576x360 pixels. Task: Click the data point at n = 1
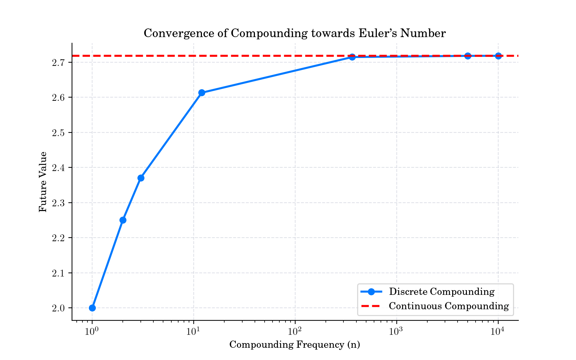(x=92, y=308)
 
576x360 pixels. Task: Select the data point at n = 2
(x=123, y=220)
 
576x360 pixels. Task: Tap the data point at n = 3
(x=141, y=178)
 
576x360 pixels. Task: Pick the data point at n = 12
(x=202, y=93)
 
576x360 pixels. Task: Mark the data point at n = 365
(x=352, y=57)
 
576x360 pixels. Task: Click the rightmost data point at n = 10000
(x=498, y=56)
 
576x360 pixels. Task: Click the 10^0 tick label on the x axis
(x=92, y=330)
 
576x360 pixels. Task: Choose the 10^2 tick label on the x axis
(x=295, y=330)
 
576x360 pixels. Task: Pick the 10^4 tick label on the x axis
(x=498, y=330)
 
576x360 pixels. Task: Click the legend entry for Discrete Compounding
(x=441, y=292)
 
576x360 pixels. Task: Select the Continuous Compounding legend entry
(x=449, y=306)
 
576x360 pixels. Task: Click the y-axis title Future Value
(x=43, y=182)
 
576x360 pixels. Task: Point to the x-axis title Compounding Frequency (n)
(x=295, y=345)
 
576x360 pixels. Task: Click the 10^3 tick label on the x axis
(x=397, y=330)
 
